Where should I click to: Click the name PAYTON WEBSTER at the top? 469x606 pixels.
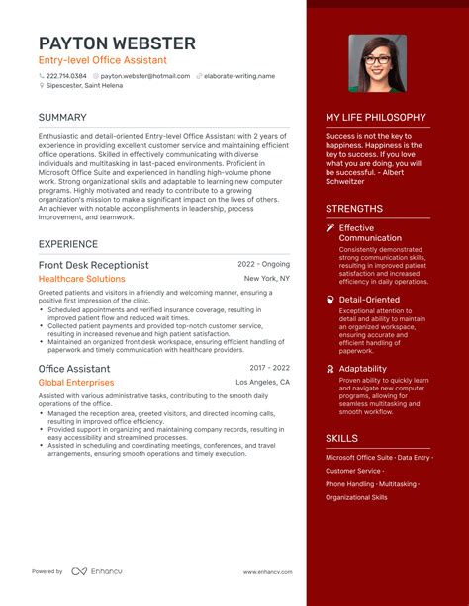pos(117,43)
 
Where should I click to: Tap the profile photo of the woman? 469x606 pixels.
pos(377,63)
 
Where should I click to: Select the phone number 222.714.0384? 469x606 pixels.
pos(65,75)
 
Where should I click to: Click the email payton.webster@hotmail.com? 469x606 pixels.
pos(144,75)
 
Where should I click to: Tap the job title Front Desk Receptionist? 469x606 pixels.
pos(93,265)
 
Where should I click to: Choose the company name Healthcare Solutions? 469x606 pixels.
pos(82,279)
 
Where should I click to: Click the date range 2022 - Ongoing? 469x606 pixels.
pos(263,265)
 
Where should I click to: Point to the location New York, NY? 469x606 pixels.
pos(267,279)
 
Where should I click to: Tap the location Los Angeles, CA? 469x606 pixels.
pos(262,382)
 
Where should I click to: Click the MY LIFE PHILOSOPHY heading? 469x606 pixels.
pos(376,117)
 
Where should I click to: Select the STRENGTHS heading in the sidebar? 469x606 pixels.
pos(354,209)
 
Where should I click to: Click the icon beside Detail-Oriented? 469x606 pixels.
pos(330,299)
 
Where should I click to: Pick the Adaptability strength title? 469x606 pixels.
pos(362,369)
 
